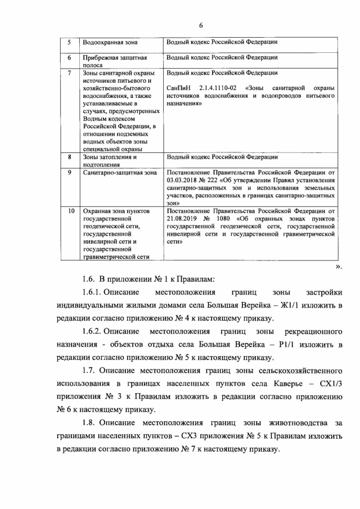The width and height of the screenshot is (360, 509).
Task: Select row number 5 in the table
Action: (x=69, y=42)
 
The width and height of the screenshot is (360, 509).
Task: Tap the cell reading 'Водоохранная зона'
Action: (x=110, y=43)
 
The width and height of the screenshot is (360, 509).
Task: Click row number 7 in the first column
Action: (x=69, y=73)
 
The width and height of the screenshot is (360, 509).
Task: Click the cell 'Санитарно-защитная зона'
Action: (x=119, y=173)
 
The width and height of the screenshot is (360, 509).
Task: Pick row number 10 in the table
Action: (x=70, y=211)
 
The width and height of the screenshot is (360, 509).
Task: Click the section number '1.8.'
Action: (x=90, y=422)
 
